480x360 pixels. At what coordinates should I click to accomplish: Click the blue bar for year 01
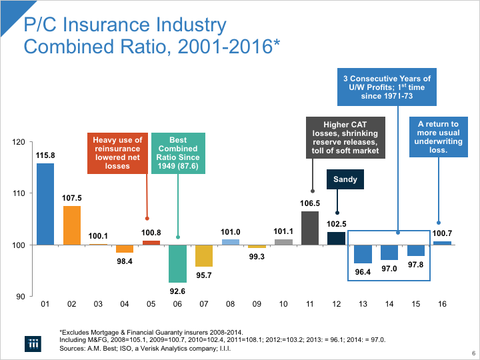45,204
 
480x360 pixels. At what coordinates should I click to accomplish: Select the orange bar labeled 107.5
72,225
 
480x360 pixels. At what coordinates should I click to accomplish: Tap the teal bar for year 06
177,263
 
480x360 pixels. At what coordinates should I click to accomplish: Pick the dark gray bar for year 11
309,228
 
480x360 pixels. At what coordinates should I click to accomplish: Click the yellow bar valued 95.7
204,255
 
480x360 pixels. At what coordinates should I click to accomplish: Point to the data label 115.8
45,155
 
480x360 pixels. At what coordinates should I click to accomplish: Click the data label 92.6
177,291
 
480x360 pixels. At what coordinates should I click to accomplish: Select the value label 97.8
415,265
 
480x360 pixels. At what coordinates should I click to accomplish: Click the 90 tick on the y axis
20,296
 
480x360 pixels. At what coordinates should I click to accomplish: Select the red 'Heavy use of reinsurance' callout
117,153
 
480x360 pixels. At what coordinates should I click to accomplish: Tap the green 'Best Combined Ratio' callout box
177,153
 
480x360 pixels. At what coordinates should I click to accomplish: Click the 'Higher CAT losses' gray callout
345,137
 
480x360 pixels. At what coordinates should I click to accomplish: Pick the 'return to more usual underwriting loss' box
437,137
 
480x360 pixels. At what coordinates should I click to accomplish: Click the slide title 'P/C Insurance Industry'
125,26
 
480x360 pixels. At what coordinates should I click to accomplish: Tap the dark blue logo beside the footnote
33,343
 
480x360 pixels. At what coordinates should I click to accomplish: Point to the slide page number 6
473,353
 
